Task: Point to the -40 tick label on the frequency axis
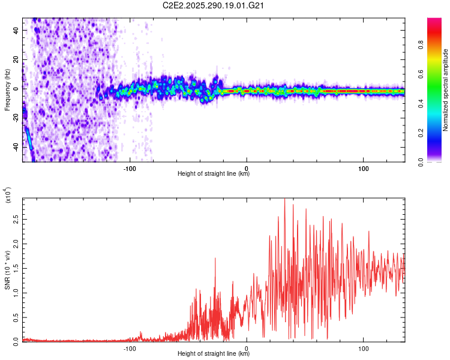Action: pyautogui.click(x=14, y=146)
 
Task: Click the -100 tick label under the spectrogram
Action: pyautogui.click(x=130, y=168)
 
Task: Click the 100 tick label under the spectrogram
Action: pyautogui.click(x=363, y=168)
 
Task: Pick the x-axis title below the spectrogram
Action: pyautogui.click(x=214, y=175)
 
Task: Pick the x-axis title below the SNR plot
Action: pyautogui.click(x=214, y=353)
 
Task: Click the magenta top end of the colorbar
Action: pyautogui.click(x=434, y=21)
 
